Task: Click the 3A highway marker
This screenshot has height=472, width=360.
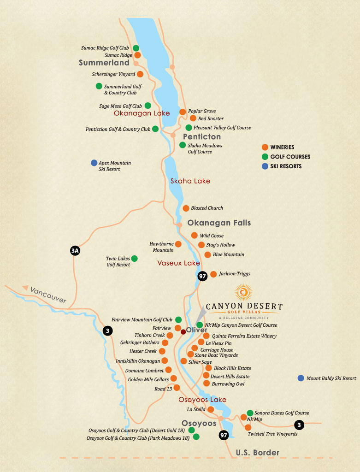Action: click(x=75, y=251)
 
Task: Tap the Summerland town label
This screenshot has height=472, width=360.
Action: click(x=104, y=63)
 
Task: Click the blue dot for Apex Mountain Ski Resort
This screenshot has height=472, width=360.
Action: click(x=94, y=163)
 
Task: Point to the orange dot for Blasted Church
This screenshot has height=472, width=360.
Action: click(x=186, y=208)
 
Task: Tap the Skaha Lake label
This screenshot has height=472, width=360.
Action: click(x=190, y=181)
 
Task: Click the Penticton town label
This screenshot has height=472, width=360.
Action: click(x=202, y=137)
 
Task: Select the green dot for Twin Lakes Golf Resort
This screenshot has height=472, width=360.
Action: click(x=134, y=259)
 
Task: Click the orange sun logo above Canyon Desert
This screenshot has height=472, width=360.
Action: click(x=243, y=292)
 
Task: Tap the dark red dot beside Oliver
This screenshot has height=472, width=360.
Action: click(x=183, y=331)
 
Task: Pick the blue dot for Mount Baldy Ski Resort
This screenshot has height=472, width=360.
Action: click(x=301, y=378)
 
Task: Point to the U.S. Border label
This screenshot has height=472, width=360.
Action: click(x=258, y=453)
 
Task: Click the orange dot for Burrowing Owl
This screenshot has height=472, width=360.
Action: click(x=207, y=383)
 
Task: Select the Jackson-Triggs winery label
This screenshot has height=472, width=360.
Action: click(x=235, y=274)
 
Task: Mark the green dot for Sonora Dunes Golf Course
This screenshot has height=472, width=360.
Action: click(x=250, y=413)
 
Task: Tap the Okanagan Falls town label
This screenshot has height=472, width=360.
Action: click(x=219, y=223)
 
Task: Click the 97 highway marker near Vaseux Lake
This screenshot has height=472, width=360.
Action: click(x=202, y=276)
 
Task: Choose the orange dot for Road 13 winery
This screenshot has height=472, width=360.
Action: click(x=177, y=388)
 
